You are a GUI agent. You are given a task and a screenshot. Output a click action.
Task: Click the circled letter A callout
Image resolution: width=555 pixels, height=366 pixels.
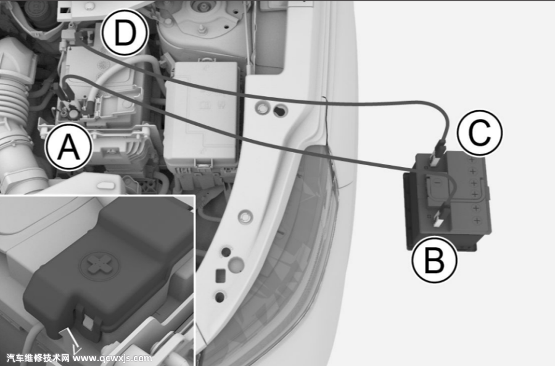pyautogui.click(x=69, y=147)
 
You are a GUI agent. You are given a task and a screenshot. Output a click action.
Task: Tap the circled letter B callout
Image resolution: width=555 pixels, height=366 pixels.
pyautogui.click(x=434, y=259)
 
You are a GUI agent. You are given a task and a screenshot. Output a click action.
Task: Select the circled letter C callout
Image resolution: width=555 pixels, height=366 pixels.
pyautogui.click(x=480, y=132)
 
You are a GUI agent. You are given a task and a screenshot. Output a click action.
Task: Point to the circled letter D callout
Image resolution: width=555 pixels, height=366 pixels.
pyautogui.click(x=125, y=33)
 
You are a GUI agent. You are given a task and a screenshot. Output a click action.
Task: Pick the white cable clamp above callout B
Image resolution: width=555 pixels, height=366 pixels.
pyautogui.click(x=440, y=218)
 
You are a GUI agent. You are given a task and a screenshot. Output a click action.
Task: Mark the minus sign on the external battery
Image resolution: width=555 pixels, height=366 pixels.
pyautogui.click(x=437, y=182)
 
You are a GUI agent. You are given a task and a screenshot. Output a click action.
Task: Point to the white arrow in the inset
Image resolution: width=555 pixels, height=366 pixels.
pyautogui.click(x=73, y=341)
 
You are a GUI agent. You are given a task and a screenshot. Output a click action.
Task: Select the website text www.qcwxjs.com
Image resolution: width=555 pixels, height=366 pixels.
pyautogui.click(x=113, y=358)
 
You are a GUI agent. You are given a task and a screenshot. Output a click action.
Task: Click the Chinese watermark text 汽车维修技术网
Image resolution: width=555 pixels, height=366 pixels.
pyautogui.click(x=38, y=358)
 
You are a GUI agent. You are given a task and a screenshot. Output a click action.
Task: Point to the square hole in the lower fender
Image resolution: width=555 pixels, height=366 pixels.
pyautogui.click(x=221, y=275)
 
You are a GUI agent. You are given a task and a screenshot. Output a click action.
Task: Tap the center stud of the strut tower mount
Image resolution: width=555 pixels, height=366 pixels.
pyautogui.click(x=202, y=29)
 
